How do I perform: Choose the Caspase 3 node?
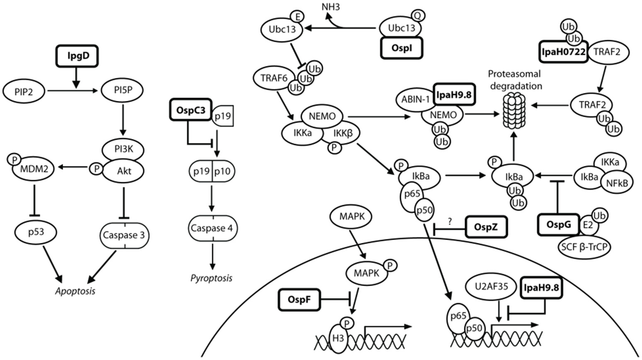pos(124,235)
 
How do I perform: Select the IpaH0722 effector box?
pos(563,51)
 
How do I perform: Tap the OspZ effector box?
pos(486,226)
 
